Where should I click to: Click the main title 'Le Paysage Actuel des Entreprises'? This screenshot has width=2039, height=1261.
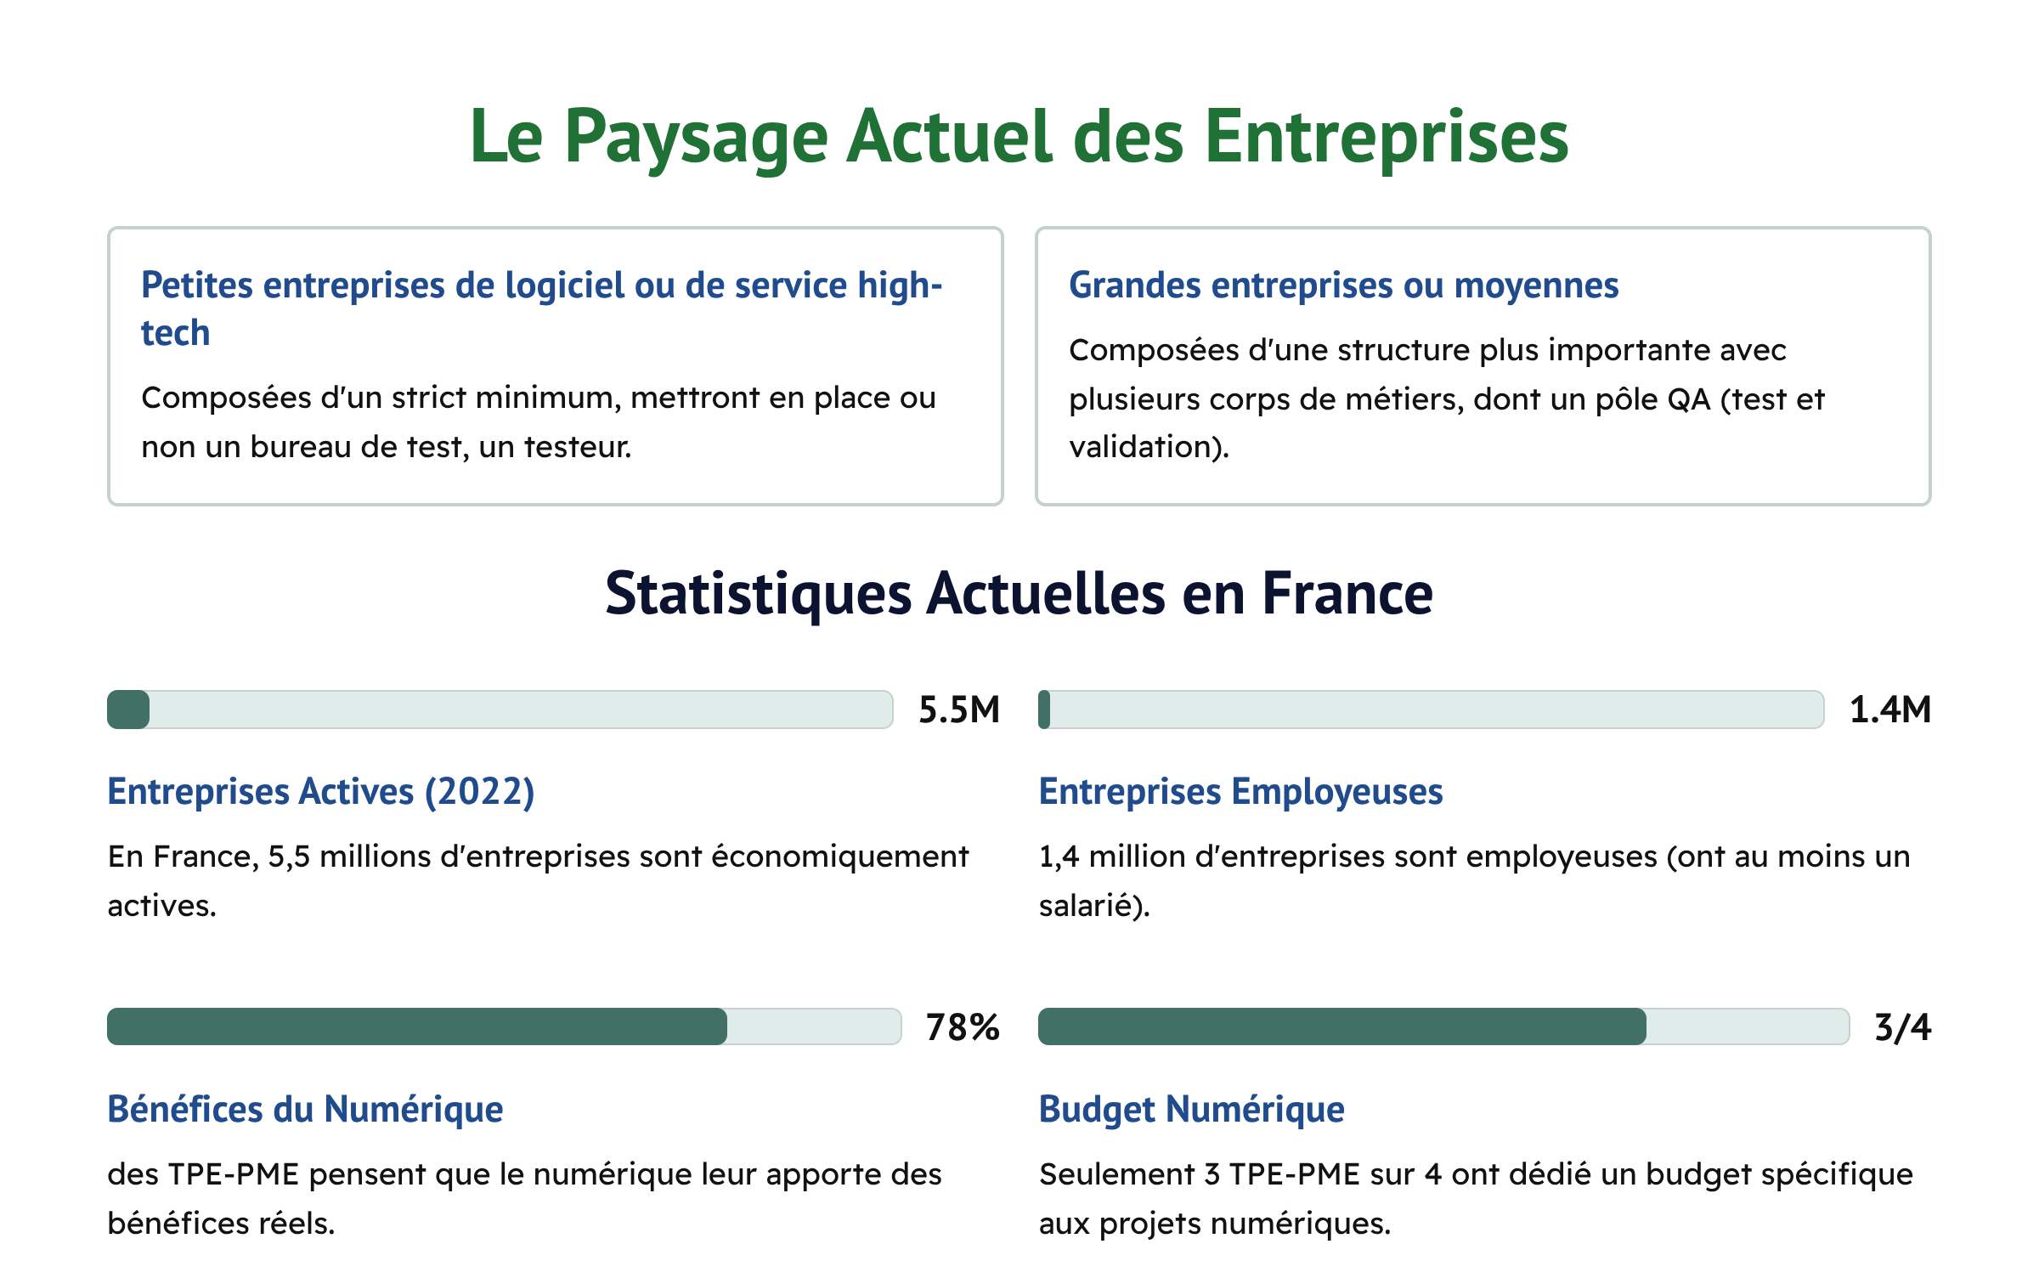(x=1019, y=137)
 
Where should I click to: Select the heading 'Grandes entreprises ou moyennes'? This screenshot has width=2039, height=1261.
(x=1343, y=286)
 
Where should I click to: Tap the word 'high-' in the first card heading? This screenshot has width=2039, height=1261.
(x=900, y=286)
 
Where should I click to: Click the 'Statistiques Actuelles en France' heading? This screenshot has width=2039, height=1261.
(x=1019, y=593)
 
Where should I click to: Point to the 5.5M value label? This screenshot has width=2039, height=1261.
(x=959, y=710)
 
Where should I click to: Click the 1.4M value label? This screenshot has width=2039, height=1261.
(x=1890, y=710)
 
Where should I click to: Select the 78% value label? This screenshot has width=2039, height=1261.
(x=963, y=1027)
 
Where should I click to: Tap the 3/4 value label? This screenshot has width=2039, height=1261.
(x=1903, y=1027)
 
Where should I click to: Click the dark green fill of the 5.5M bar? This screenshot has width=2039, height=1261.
(x=128, y=710)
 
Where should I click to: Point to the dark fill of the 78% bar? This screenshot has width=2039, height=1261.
(x=416, y=1026)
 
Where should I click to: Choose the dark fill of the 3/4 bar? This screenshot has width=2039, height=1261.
(x=1342, y=1026)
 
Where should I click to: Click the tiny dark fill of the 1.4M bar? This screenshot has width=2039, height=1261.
(x=1044, y=710)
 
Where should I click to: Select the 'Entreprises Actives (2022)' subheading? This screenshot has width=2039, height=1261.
(x=321, y=792)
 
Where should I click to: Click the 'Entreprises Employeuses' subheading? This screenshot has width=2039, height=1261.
(x=1240, y=792)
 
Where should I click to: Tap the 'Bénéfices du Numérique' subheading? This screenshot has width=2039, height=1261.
(x=305, y=1110)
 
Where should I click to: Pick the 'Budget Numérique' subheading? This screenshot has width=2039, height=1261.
(x=1191, y=1110)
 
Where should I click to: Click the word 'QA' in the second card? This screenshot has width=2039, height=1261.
(x=1688, y=399)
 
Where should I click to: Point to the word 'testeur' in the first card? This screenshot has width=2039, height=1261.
(x=575, y=447)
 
